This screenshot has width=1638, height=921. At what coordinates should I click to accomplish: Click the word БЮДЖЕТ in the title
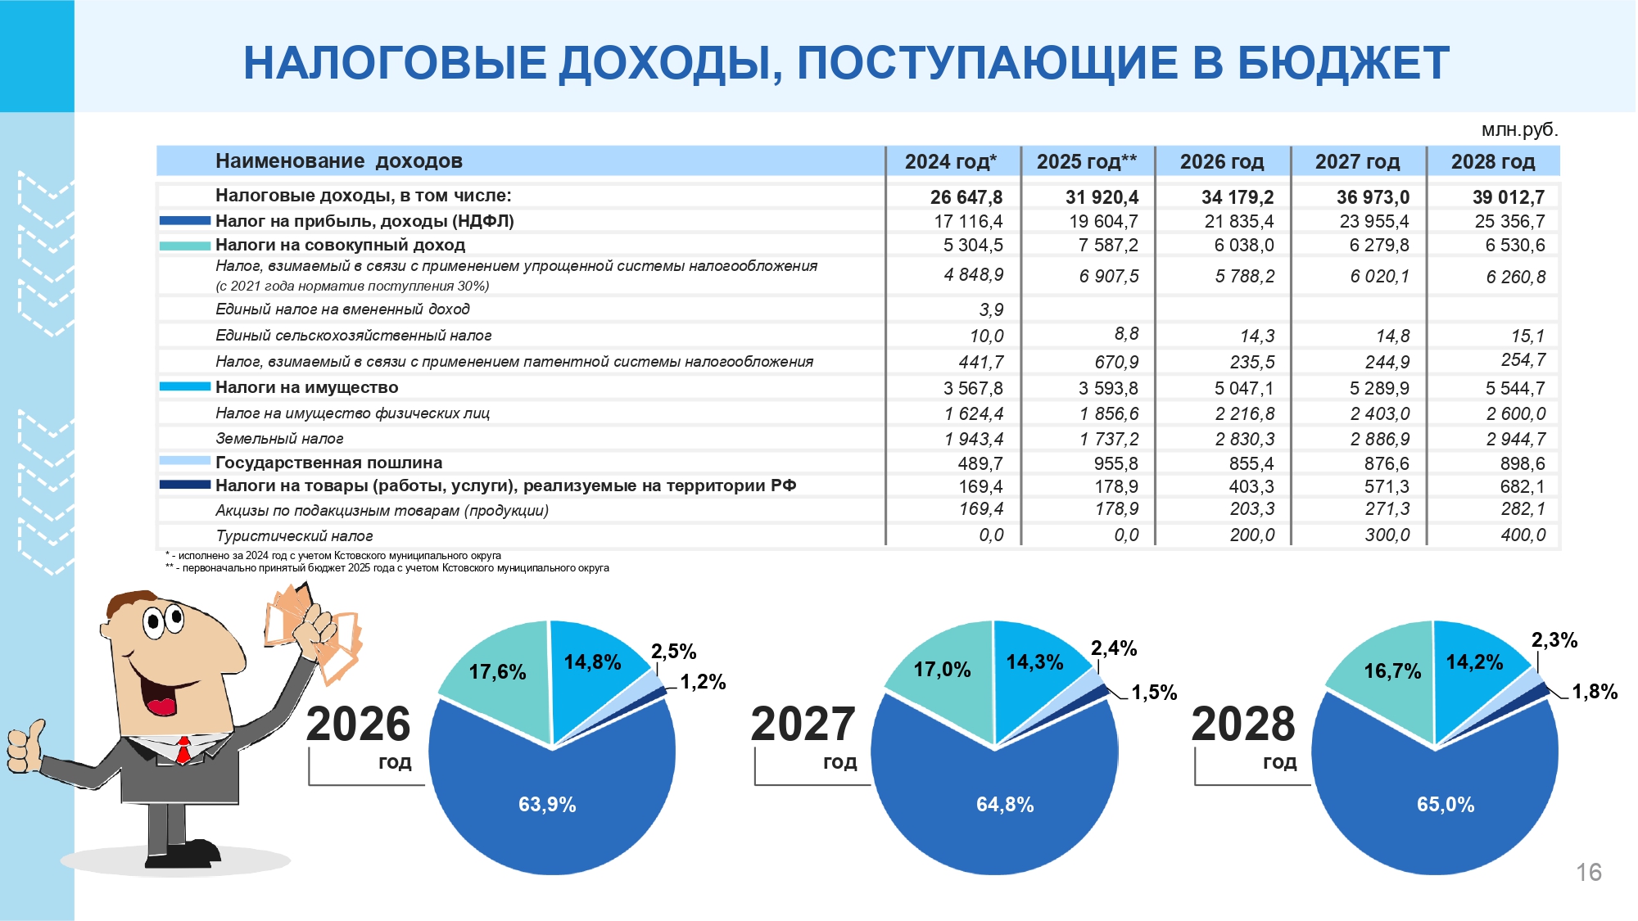click(x=1343, y=63)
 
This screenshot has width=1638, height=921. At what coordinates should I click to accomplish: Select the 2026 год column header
click(x=1222, y=162)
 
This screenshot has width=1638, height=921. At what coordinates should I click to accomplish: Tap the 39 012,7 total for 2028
click(x=1509, y=197)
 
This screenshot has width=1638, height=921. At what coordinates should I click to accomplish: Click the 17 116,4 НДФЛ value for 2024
click(x=968, y=221)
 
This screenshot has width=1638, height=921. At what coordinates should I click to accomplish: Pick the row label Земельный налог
click(x=279, y=439)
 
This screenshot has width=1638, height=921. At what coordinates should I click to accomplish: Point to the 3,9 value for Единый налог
click(x=991, y=309)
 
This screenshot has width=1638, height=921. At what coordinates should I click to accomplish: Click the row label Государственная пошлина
click(x=328, y=463)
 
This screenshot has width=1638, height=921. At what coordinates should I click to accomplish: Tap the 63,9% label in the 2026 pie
click(x=547, y=805)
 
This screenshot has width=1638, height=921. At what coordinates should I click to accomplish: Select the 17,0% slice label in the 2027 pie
click(x=942, y=670)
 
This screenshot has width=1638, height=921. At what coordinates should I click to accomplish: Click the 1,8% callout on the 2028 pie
click(x=1595, y=692)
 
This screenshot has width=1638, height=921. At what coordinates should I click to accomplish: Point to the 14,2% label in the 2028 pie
click(x=1474, y=662)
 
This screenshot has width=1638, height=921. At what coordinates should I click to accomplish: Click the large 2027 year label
click(x=803, y=725)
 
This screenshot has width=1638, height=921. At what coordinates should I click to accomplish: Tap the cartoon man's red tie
click(x=183, y=750)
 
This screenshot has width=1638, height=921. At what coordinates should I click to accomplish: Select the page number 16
click(x=1589, y=873)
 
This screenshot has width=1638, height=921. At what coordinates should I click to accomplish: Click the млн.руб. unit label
click(x=1520, y=130)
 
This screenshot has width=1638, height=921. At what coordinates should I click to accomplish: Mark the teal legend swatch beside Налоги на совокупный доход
click(x=185, y=246)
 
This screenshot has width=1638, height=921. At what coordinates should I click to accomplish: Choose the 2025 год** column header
click(x=1087, y=162)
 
